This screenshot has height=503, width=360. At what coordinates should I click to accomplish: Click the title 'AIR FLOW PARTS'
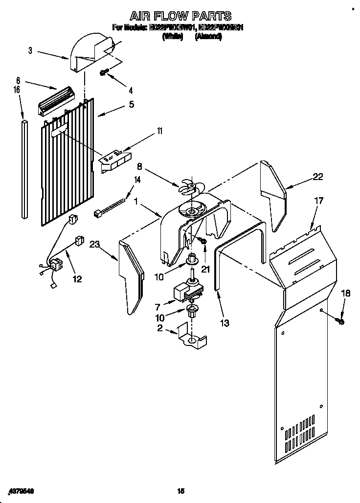click(180, 17)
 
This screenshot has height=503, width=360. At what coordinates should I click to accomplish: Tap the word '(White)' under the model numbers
click(172, 36)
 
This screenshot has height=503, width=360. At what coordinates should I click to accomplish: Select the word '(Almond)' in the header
click(208, 36)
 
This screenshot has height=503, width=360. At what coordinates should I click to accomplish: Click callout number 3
click(30, 50)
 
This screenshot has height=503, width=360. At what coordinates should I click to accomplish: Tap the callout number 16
click(17, 90)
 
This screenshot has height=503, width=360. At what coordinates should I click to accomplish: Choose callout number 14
click(137, 180)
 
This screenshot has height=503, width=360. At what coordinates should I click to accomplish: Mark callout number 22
click(318, 177)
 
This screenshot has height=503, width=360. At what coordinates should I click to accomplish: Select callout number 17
click(319, 200)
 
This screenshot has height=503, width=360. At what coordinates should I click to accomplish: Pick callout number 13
click(225, 323)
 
